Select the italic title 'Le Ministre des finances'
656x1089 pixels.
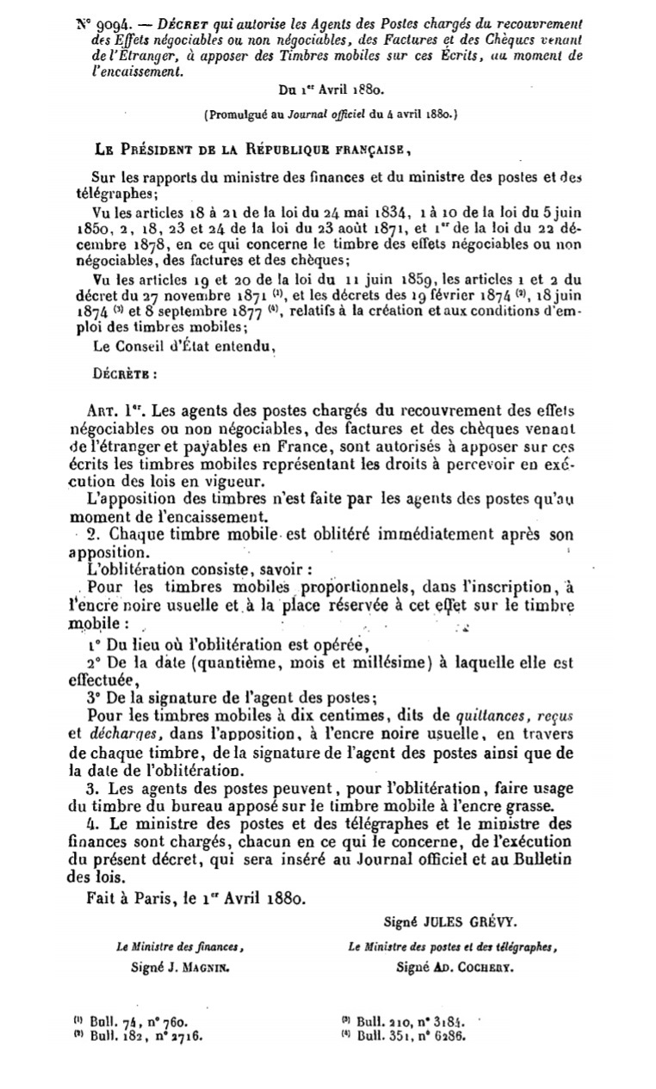[180, 949]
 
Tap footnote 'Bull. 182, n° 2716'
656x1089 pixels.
[139, 1036]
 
